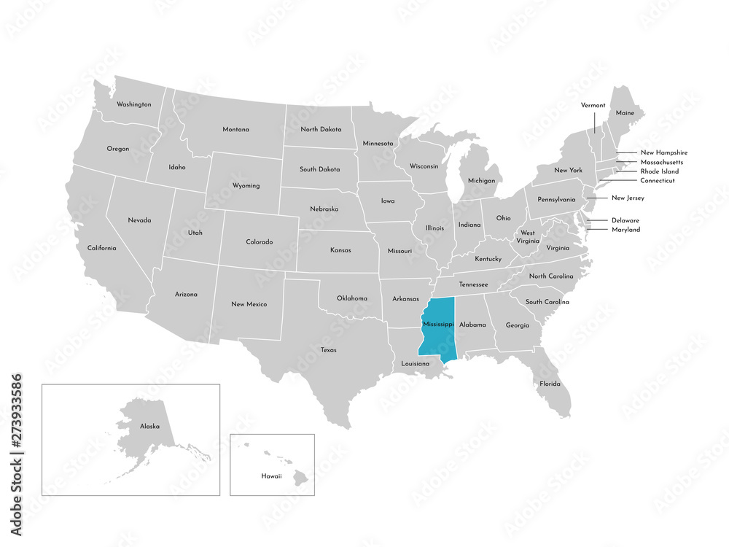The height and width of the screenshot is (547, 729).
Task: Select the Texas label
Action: point(328,350)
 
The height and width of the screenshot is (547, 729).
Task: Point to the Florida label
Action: point(550,384)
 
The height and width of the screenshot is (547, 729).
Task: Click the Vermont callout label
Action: point(593,105)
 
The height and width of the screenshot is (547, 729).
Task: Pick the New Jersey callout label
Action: point(628,198)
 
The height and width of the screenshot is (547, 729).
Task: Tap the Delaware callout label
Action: point(625,220)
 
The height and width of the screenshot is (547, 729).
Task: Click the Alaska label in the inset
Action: point(149,425)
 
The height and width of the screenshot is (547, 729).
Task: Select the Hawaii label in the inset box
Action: point(272,475)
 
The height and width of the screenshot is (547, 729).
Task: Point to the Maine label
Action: point(625,113)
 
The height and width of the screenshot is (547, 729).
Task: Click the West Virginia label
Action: point(527,237)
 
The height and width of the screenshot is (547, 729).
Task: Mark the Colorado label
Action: point(259,241)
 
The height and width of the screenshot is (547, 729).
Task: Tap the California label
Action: point(101,248)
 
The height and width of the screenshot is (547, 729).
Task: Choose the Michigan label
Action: point(481,180)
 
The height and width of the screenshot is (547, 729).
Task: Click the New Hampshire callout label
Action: point(663,152)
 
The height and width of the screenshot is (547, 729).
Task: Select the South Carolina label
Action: point(547,302)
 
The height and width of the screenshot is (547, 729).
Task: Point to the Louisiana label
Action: point(415,363)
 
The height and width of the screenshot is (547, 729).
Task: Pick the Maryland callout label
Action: point(625,230)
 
